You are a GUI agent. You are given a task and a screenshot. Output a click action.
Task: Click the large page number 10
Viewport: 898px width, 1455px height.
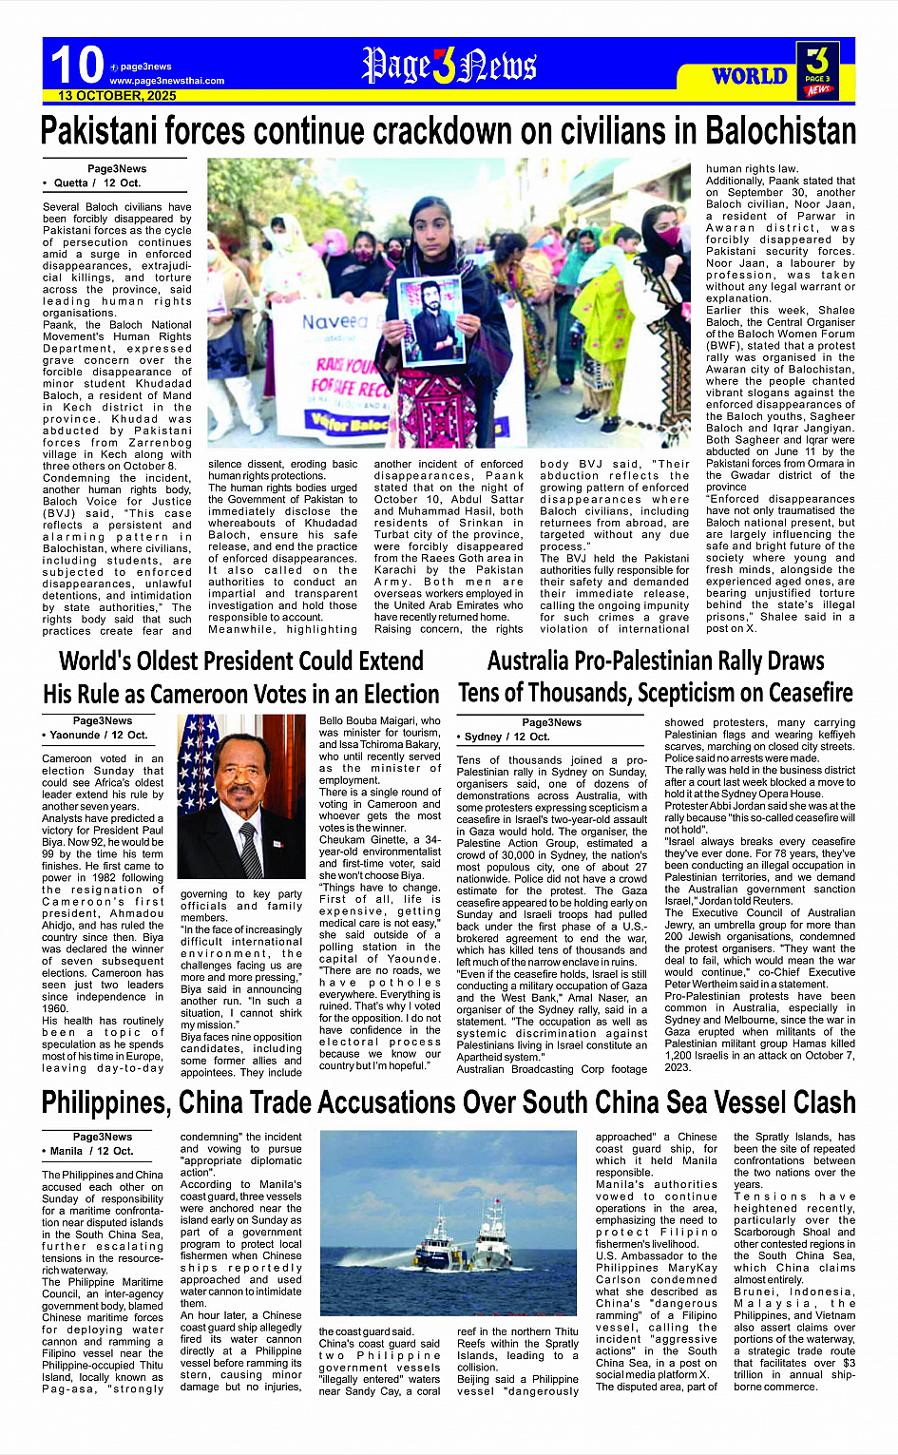point(76,65)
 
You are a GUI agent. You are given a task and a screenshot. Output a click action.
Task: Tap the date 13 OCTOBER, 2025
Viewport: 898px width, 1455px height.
point(117,96)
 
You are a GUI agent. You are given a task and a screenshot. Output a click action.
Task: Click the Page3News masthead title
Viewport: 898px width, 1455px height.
point(449,66)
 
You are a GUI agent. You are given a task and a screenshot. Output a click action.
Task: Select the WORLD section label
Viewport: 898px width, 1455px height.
point(750,76)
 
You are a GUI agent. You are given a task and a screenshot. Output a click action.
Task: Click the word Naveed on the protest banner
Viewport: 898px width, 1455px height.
point(334,322)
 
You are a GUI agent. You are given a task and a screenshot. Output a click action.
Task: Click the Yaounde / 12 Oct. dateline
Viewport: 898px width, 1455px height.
point(97,735)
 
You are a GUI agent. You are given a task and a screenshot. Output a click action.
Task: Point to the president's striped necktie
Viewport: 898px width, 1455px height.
point(250,851)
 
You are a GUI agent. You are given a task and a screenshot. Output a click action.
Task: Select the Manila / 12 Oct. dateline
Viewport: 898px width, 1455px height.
point(91,1151)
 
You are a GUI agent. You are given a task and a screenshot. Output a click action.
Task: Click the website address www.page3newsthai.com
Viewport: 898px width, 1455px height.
point(167,81)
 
